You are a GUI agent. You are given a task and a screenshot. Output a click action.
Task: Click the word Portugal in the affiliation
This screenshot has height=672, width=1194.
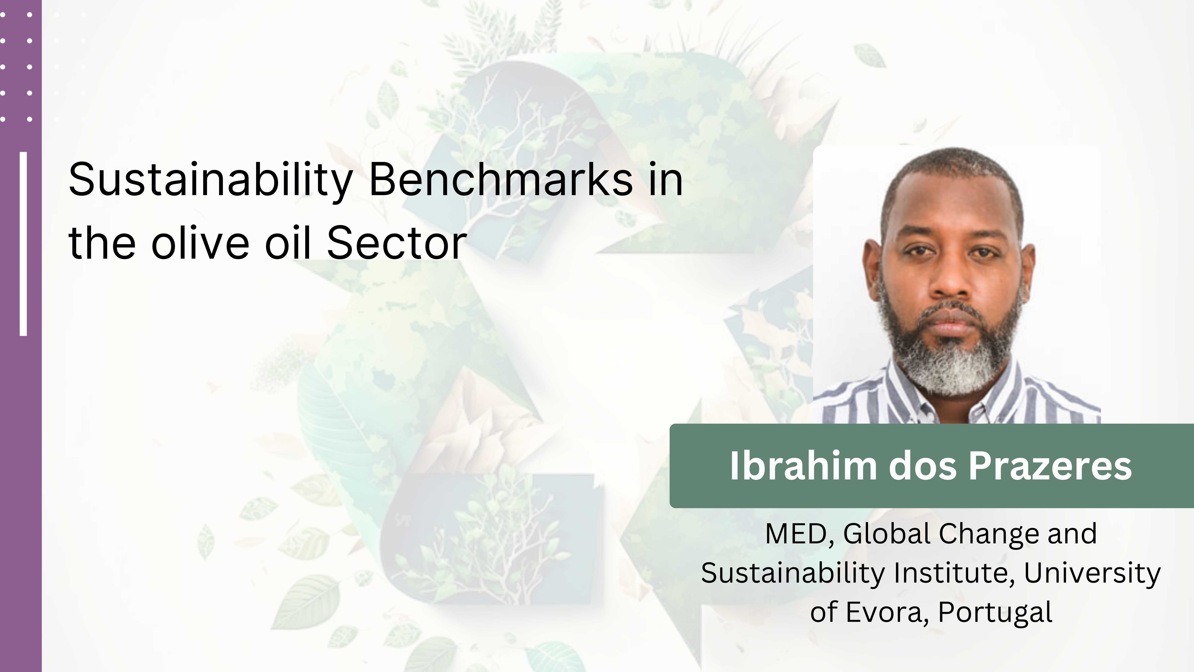click(x=995, y=612)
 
